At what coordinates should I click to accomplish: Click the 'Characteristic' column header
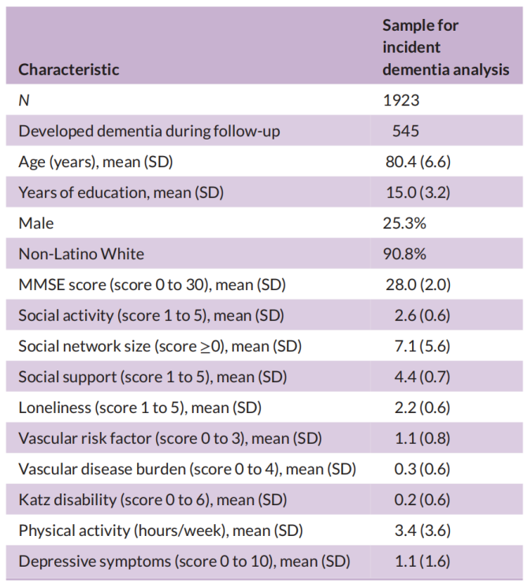coord(69,69)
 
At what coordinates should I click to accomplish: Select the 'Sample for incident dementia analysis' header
coord(445,47)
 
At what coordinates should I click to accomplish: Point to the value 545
coord(406,131)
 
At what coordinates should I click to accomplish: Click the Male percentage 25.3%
coord(404,223)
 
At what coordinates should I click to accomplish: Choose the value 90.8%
coord(404,254)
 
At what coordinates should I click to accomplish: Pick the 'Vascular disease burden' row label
coord(187,469)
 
